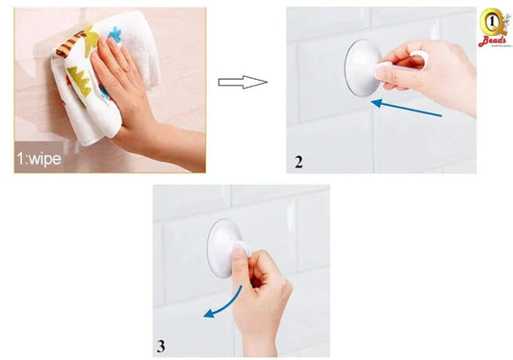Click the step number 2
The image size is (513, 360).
pos(299,162)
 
